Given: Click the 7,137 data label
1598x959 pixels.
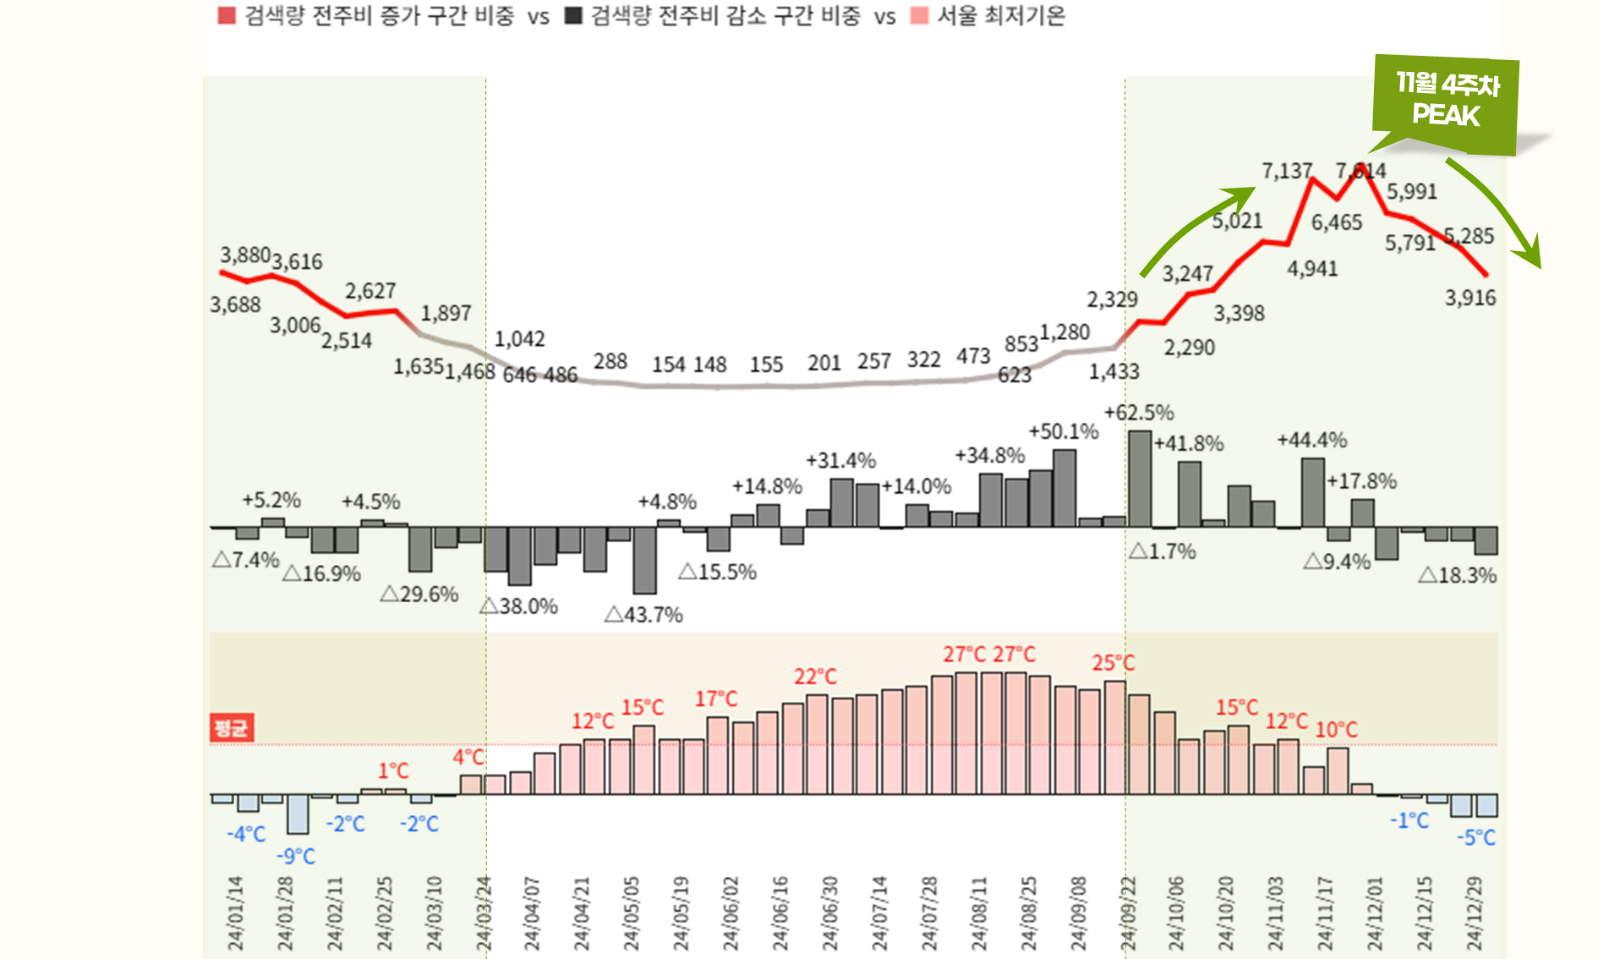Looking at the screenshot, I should [x=1286, y=171].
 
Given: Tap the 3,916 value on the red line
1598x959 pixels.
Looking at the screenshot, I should [x=1469, y=298].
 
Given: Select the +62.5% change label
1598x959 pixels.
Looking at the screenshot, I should [x=1139, y=413].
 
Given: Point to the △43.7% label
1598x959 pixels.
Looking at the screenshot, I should [x=643, y=615].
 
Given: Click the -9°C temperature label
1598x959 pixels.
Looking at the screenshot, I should [x=295, y=857].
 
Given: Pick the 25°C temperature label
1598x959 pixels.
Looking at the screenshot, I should [x=1113, y=663].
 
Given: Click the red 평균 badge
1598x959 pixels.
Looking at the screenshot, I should [x=231, y=728].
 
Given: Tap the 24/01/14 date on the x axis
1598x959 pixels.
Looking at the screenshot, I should [x=235, y=913].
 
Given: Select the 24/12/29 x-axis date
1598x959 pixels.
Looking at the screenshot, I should [x=1474, y=913].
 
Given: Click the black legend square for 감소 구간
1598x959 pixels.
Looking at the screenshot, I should [x=573, y=16].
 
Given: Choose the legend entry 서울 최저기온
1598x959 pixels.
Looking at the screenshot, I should [x=1000, y=16].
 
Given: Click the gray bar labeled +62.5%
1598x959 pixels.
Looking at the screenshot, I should [x=1139, y=479].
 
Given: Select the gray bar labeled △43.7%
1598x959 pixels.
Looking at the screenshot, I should [x=644, y=560].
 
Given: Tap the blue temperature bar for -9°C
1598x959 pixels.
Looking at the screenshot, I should [x=298, y=814].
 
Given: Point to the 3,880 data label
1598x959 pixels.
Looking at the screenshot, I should [x=245, y=255].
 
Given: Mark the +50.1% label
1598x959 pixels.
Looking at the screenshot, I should [x=1063, y=431].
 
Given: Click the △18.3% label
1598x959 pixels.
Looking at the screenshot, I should [x=1457, y=576].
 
